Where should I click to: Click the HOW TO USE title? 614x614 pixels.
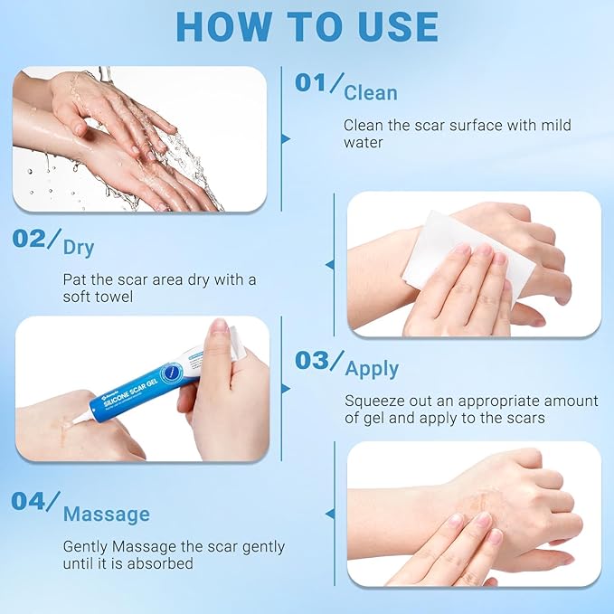(307, 27)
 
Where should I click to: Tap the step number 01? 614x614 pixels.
(312, 83)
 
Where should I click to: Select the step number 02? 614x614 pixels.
(30, 239)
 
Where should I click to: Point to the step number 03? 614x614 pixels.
(313, 360)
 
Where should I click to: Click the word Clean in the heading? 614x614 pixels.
(371, 93)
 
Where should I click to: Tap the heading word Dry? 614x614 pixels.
(79, 247)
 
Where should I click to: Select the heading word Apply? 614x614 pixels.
(372, 369)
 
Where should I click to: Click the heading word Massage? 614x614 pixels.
(107, 515)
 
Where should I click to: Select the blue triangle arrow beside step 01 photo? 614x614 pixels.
(286, 139)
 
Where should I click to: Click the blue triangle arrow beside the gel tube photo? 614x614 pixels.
(286, 388)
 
